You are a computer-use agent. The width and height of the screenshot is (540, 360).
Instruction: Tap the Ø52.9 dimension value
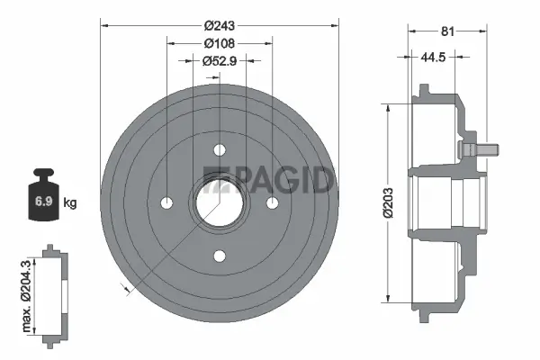click(219, 61)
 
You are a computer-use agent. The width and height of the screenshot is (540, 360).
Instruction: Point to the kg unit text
click(69, 202)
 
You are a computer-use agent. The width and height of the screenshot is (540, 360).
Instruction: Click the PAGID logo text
click(270, 179)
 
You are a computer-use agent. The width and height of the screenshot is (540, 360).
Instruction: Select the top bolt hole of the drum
click(219, 150)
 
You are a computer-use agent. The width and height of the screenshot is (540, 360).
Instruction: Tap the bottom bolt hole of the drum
click(219, 256)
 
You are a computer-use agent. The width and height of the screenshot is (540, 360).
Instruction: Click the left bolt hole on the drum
click(166, 203)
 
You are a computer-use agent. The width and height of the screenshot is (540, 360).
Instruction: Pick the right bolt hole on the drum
click(272, 203)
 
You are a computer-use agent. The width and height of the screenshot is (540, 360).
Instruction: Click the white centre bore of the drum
click(216, 204)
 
